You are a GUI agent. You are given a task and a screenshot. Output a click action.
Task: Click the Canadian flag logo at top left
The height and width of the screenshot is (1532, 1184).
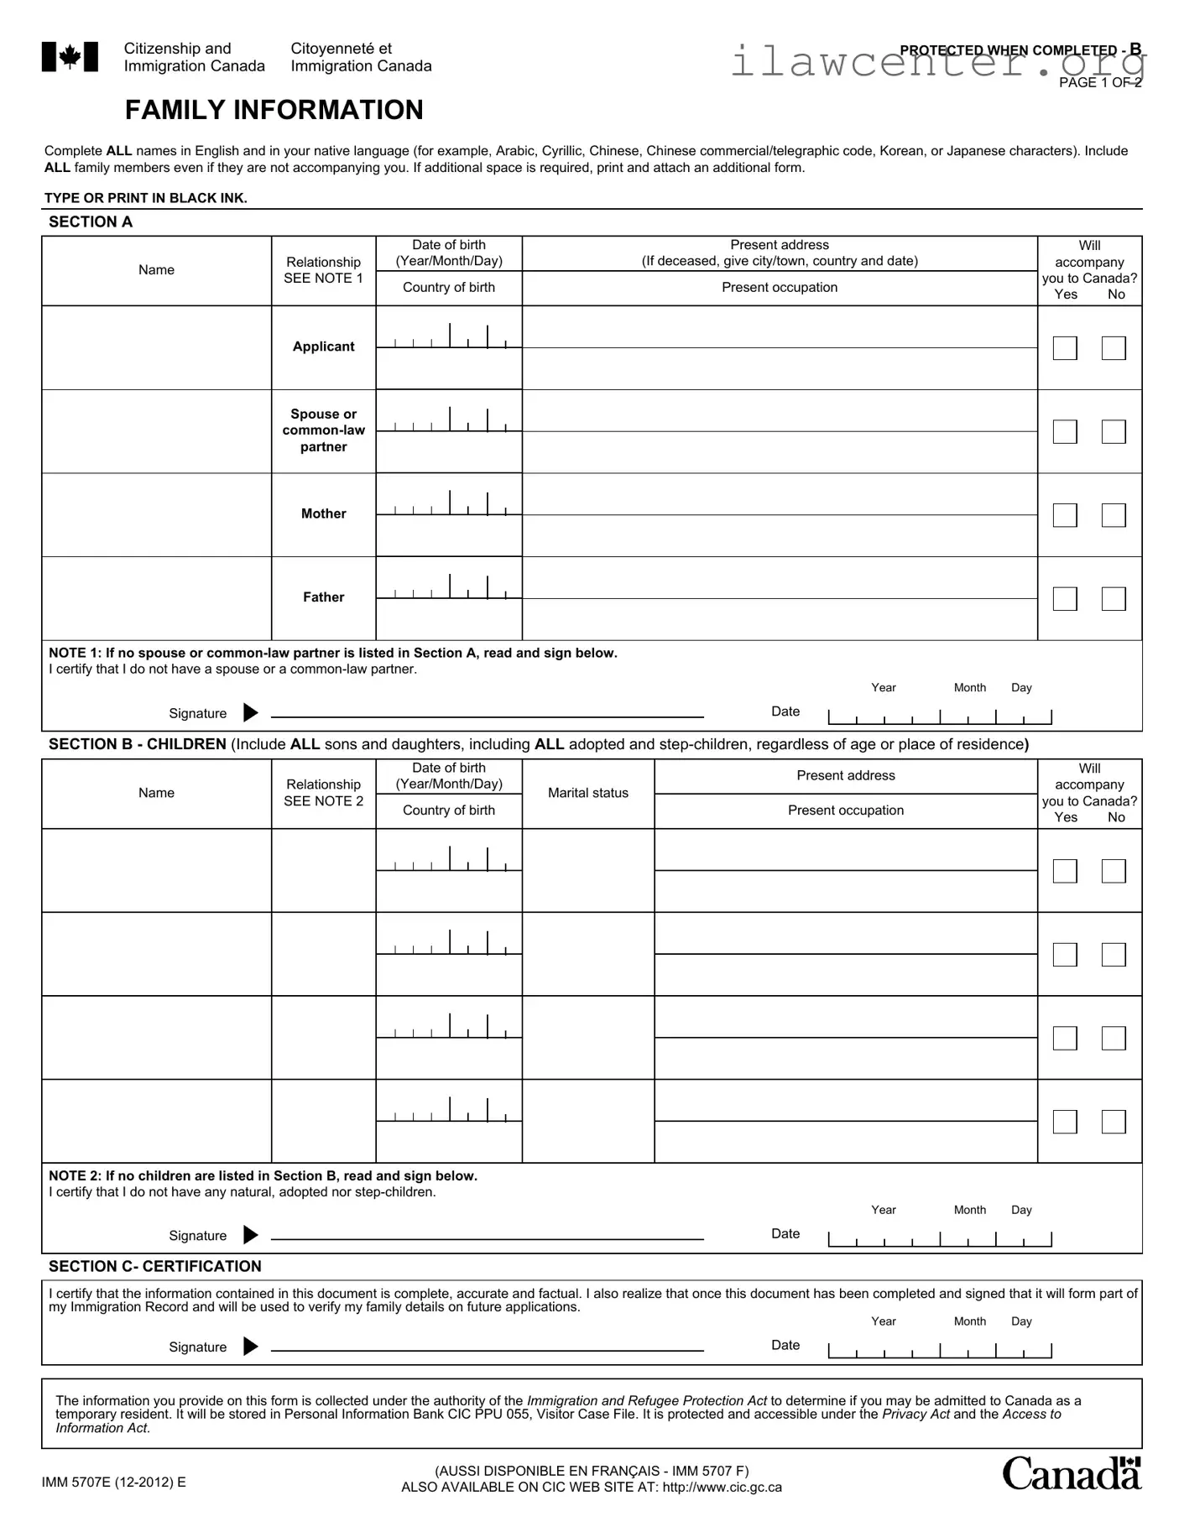tap(70, 57)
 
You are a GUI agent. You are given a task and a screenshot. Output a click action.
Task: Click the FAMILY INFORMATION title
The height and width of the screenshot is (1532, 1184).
tap(274, 110)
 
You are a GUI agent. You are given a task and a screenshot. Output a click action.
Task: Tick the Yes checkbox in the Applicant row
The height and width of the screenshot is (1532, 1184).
tap(1064, 348)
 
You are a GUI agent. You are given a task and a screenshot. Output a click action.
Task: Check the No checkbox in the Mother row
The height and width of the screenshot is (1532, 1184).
tap(1113, 515)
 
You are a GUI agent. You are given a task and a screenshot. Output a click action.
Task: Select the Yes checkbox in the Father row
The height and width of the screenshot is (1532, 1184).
tap(1064, 599)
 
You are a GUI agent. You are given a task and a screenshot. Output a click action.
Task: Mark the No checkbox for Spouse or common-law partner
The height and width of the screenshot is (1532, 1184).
tap(1113, 432)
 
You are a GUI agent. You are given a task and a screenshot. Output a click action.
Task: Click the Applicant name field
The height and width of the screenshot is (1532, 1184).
tap(157, 347)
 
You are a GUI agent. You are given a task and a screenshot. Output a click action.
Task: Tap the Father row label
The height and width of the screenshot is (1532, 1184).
tap(323, 597)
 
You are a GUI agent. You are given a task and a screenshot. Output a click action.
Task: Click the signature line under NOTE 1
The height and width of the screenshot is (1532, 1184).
tap(487, 714)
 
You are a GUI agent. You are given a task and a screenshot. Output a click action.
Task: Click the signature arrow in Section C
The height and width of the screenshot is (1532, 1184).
tap(250, 1347)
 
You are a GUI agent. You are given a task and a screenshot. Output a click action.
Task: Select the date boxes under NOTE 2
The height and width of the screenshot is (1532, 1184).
tap(939, 1239)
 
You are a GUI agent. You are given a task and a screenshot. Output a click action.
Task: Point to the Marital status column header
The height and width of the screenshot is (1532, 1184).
tap(587, 793)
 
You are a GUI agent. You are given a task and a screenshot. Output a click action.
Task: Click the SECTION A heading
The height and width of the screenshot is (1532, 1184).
tap(91, 222)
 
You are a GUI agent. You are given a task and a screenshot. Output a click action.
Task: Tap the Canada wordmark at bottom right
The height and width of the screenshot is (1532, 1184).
tap(1071, 1474)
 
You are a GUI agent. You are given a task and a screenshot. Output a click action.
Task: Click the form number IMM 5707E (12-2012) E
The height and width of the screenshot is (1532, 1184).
tap(114, 1482)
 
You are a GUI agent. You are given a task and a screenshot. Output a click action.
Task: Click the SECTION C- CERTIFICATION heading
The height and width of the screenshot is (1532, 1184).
tap(154, 1267)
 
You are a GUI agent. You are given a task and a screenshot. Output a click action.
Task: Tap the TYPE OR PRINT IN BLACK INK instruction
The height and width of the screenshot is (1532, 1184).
tap(145, 199)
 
